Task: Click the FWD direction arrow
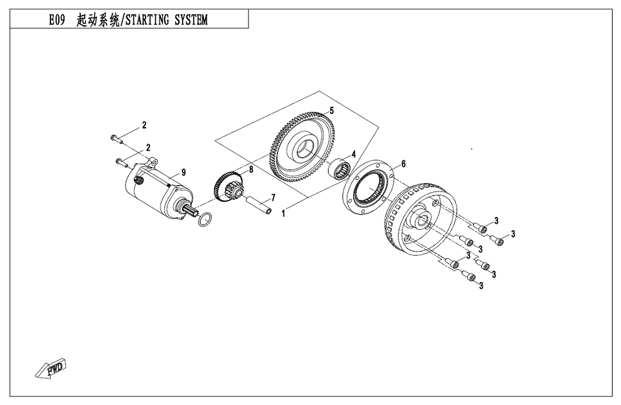51,369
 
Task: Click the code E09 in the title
56,20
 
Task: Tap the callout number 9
184,172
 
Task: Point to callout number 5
331,111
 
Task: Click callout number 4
354,155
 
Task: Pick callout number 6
403,164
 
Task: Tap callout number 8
251,170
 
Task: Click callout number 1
283,212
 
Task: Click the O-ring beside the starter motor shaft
204,220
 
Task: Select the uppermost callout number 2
145,124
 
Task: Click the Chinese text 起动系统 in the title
98,20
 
